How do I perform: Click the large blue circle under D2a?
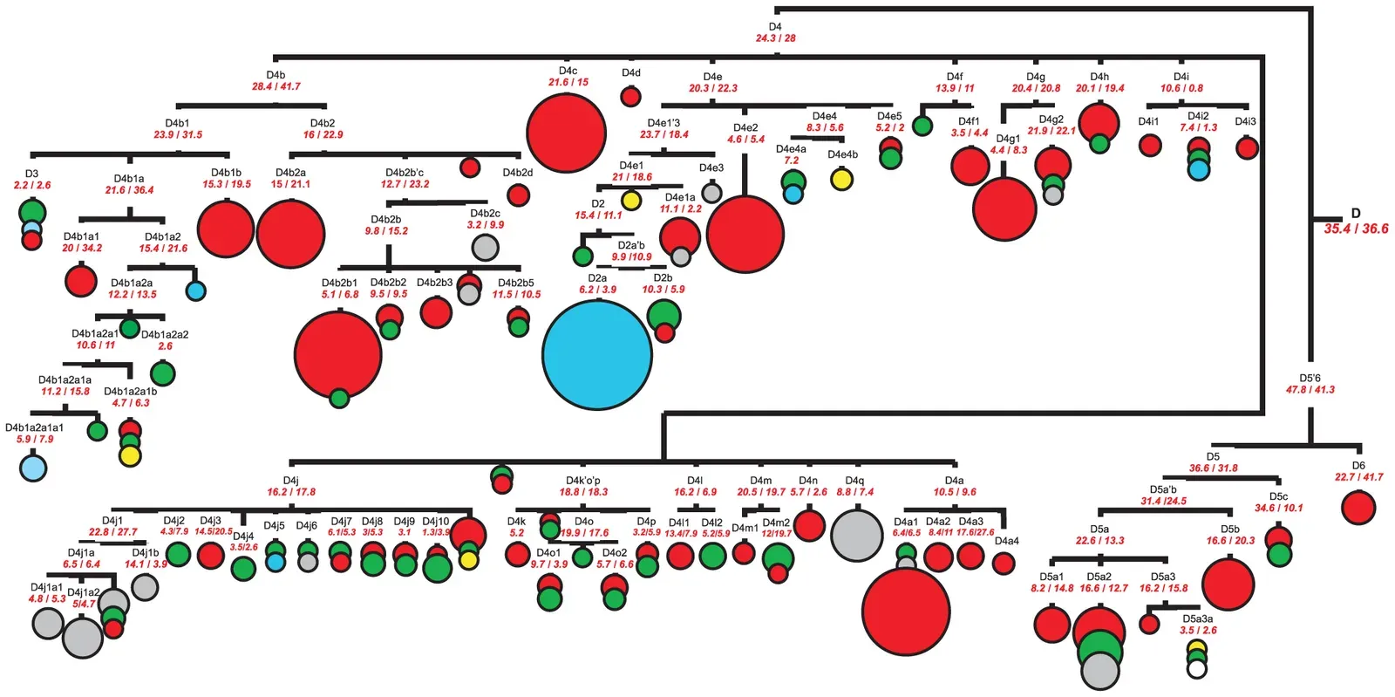[x=597, y=354]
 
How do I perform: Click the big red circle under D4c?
[x=566, y=133]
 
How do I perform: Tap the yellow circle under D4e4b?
[x=841, y=180]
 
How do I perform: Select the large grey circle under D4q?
[x=857, y=535]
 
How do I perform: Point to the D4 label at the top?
[x=775, y=27]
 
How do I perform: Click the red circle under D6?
[x=1358, y=507]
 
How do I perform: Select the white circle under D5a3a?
[x=1197, y=669]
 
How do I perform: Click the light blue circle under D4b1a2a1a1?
[x=33, y=468]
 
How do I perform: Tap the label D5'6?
[x=1310, y=379]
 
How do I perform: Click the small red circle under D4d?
[x=630, y=97]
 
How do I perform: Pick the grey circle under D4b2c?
[x=485, y=247]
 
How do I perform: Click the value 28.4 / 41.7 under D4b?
[x=276, y=86]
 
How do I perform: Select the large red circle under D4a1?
[x=906, y=611]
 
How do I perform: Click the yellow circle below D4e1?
[x=631, y=201]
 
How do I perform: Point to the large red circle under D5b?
[x=1228, y=584]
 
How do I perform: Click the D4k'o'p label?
[x=583, y=481]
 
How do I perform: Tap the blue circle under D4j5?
[x=276, y=563]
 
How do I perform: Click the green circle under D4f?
[x=922, y=126]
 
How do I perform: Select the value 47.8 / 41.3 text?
[x=1310, y=390]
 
